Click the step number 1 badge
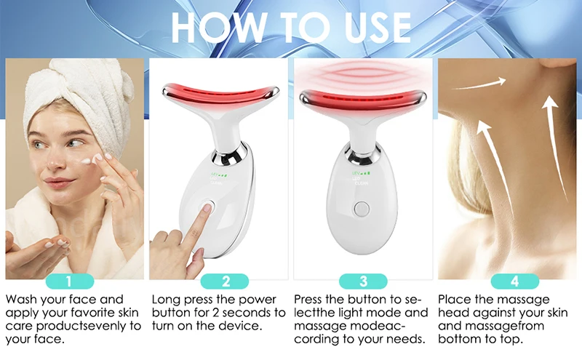coord(69,281)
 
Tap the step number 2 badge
coord(226,281)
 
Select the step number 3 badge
coord(363,281)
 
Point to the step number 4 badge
coord(514,281)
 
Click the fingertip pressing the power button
coord(207,211)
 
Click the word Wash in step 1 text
coord(23,300)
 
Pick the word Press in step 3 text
coord(311,300)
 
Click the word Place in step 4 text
coord(455,300)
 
